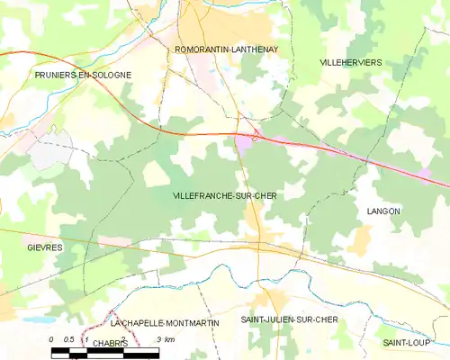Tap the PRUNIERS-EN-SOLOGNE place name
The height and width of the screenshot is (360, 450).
pos(83,74)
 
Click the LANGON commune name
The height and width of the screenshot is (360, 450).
pos(383,211)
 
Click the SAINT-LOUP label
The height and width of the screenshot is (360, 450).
pos(404,343)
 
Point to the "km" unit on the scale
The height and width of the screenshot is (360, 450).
pos(168,338)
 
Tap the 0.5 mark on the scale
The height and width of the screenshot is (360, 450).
pos(68,338)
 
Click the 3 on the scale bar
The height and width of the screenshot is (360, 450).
pos(158,338)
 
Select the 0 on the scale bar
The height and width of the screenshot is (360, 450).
pos(52,338)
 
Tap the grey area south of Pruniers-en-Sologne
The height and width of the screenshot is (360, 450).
pos(49,153)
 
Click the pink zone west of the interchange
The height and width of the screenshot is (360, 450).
pos(243,141)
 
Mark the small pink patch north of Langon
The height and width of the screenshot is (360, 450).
pos(422,172)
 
